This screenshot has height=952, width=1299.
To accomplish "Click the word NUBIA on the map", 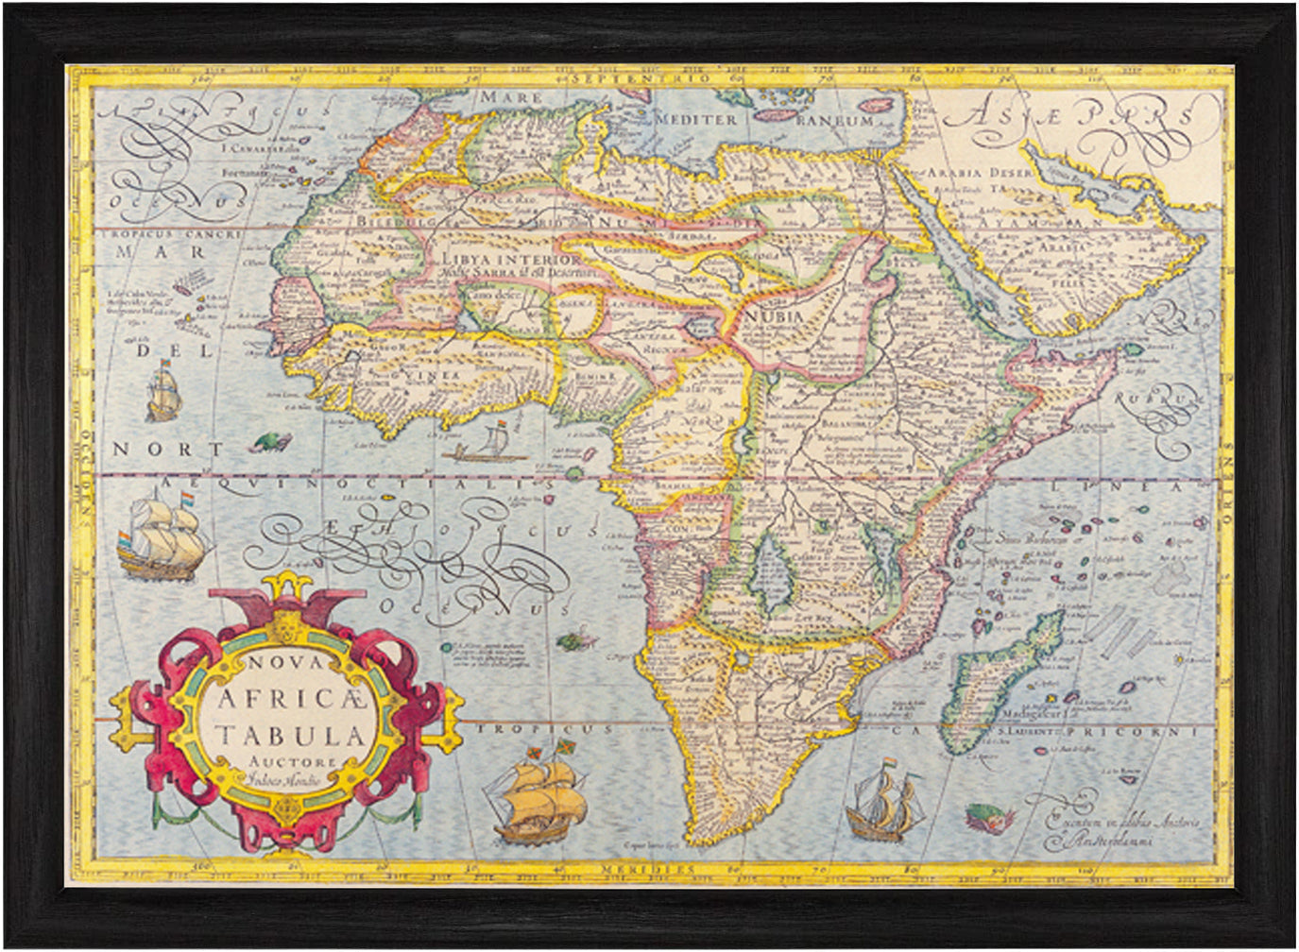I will pos(773,316).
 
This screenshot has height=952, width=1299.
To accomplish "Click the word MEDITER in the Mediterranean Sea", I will pos(696,120).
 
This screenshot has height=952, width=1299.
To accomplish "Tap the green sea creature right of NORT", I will pos(270,441).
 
